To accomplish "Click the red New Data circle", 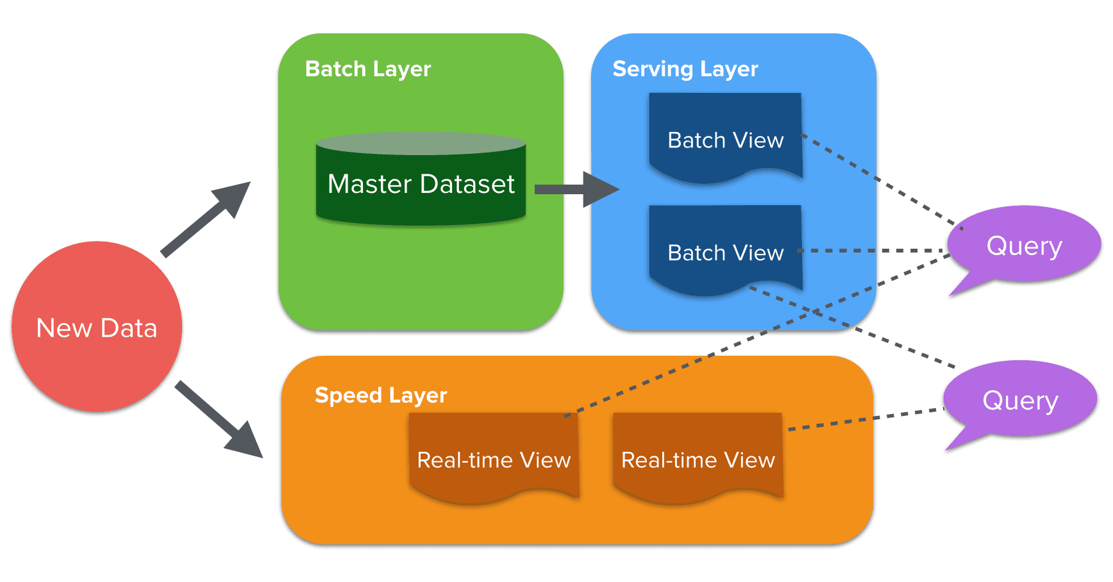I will point(96,327).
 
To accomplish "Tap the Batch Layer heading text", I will point(368,69).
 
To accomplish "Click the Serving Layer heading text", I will point(685,69).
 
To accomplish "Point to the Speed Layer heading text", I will point(381,395).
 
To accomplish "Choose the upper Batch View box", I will point(725,138).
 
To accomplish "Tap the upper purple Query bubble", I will point(1024,245).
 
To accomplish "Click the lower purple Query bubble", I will point(1020,400).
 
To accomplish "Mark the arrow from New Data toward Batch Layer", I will point(205,219).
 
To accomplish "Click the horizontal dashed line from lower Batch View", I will point(872,251).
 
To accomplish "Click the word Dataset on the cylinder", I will point(469,185).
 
